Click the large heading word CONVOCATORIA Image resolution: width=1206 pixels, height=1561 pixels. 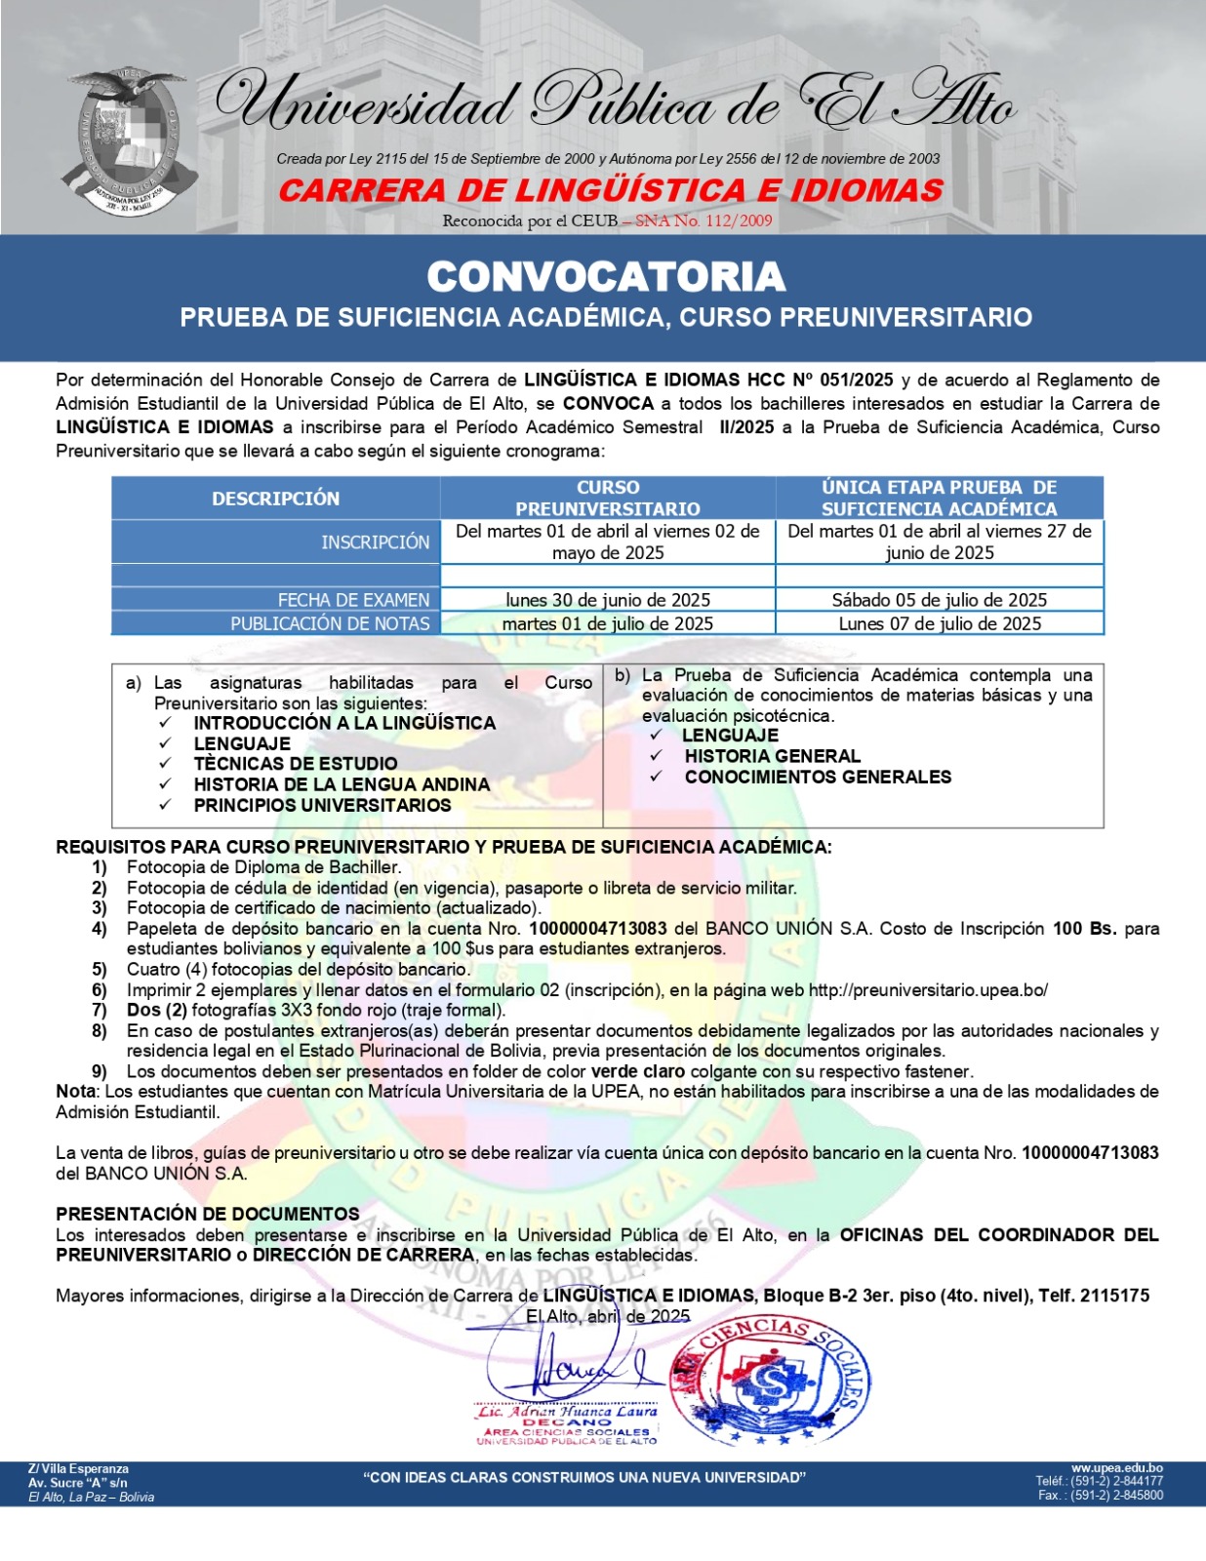[x=606, y=277]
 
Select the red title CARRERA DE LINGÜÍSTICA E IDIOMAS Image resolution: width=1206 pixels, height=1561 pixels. [x=611, y=189]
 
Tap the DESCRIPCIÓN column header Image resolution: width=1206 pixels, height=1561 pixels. [x=275, y=499]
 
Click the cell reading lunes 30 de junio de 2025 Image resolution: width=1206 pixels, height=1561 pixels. [x=607, y=600]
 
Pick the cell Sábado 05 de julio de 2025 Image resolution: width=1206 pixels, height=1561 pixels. [x=939, y=600]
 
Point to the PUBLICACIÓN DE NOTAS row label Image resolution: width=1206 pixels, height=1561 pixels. [x=330, y=623]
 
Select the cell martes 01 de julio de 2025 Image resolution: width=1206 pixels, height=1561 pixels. [x=607, y=623]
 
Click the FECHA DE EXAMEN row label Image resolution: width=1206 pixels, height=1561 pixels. [x=353, y=600]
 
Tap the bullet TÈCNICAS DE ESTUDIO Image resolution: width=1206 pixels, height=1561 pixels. [x=295, y=764]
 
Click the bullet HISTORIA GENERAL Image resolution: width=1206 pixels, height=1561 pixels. [x=772, y=756]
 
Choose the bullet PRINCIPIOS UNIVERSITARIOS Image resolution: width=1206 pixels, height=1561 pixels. [x=322, y=805]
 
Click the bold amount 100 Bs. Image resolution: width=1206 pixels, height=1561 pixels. [x=1084, y=929]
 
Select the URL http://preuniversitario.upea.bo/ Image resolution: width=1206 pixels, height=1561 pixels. [x=928, y=990]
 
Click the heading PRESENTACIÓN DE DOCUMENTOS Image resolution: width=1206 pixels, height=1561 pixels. [x=207, y=1214]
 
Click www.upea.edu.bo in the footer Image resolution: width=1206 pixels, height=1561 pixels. [x=1116, y=1468]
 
